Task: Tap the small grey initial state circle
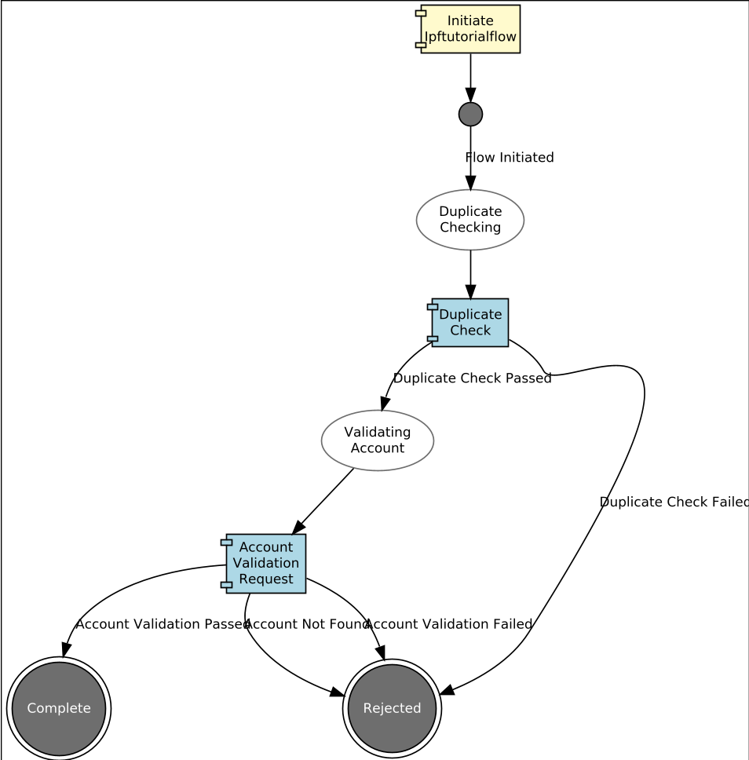(x=470, y=114)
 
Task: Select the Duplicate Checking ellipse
(x=469, y=220)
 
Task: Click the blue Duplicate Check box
(x=469, y=322)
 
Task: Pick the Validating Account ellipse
(x=377, y=440)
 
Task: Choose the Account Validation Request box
(x=265, y=563)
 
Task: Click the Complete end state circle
(x=59, y=708)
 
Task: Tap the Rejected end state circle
(x=392, y=708)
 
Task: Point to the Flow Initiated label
(x=510, y=158)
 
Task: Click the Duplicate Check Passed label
(x=472, y=378)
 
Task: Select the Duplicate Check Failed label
(x=674, y=502)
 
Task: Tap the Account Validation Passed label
(x=163, y=624)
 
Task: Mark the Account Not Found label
(x=307, y=624)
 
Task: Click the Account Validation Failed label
(x=450, y=624)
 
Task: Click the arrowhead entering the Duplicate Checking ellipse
(x=470, y=183)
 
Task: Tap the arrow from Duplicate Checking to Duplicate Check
(x=470, y=273)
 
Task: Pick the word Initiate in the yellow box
(x=470, y=21)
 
